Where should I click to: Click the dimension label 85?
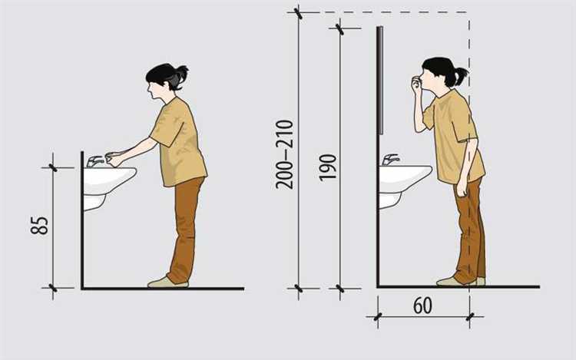click(39, 226)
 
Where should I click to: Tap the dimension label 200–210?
click(285, 154)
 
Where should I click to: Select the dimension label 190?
click(328, 167)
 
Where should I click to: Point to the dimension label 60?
click(423, 306)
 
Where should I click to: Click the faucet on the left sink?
click(94, 161)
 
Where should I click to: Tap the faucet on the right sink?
click(390, 160)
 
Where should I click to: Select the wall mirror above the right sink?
click(381, 81)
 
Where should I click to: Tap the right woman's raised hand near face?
click(416, 84)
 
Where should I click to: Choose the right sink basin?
click(404, 180)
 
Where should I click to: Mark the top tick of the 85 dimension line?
click(53, 167)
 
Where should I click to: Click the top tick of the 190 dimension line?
click(340, 28)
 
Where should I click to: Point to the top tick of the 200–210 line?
click(299, 13)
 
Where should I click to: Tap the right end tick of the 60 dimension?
click(470, 316)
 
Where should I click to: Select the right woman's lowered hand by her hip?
click(461, 190)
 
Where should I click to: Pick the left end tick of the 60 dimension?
click(378, 316)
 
